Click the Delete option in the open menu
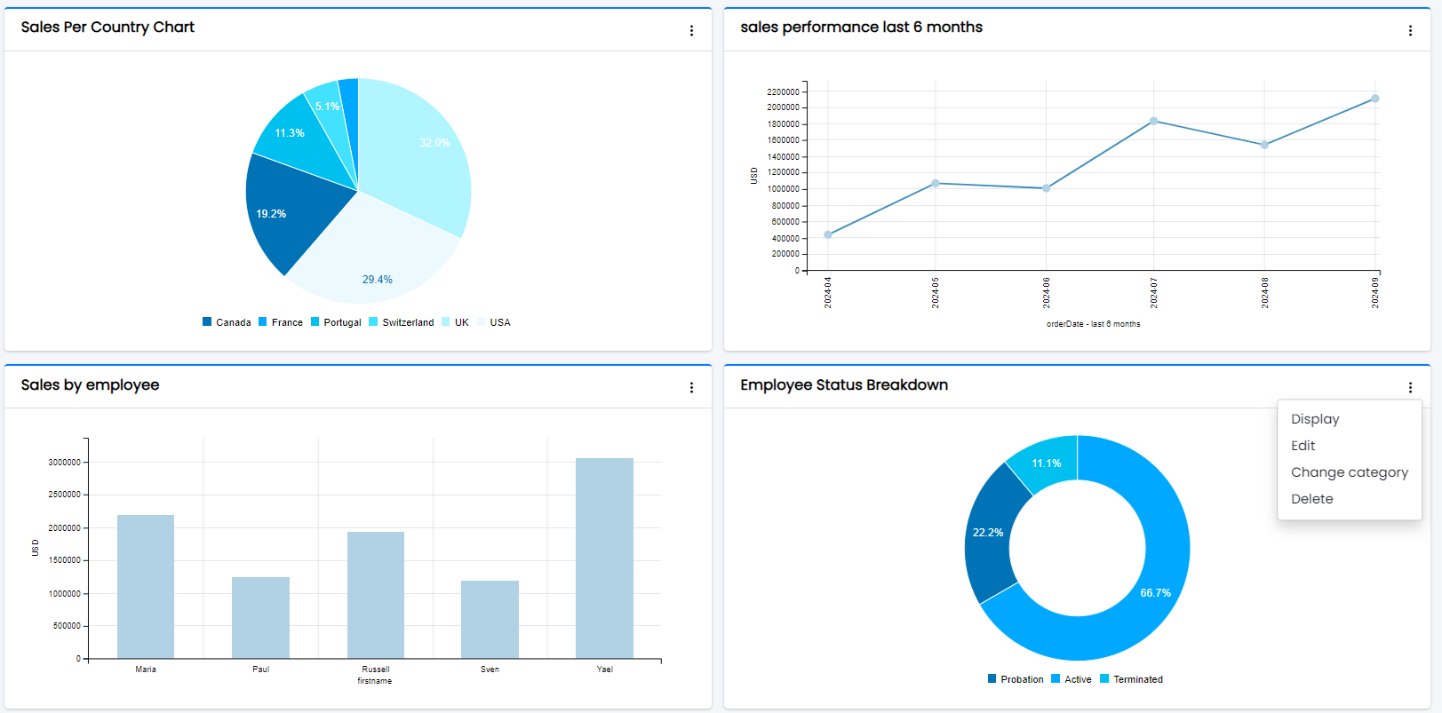click(x=1311, y=499)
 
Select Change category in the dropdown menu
click(x=1349, y=472)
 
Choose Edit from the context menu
click(x=1303, y=446)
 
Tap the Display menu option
click(x=1314, y=419)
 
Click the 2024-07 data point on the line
click(x=1153, y=121)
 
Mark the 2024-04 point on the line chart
click(x=828, y=234)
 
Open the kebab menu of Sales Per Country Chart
click(x=691, y=31)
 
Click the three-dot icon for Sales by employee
click(x=691, y=388)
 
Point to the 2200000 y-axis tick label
click(x=783, y=92)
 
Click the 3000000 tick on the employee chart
click(x=64, y=463)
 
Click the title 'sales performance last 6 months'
click(x=861, y=28)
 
